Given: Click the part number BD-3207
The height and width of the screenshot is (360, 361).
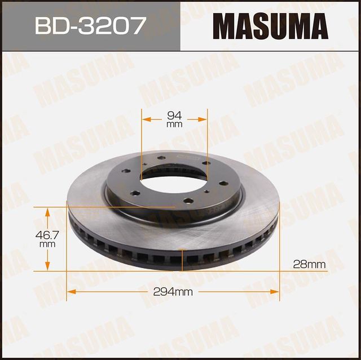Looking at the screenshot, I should pos(90,26).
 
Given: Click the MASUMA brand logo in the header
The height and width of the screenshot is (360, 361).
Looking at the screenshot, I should pos(270,26).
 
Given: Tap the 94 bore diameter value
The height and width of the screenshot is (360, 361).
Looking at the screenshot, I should pos(175,116).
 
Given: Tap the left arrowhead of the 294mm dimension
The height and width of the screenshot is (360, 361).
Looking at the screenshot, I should pos(71,292).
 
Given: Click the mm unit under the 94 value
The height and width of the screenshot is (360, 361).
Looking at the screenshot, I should pos(175,125).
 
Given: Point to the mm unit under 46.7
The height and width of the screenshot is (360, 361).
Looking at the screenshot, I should pos(47,245).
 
